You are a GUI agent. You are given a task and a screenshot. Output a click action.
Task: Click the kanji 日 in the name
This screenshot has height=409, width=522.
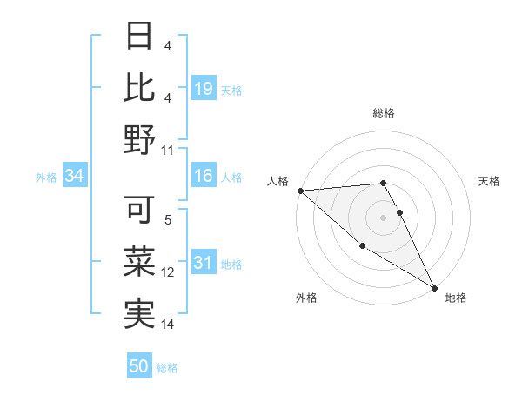140,37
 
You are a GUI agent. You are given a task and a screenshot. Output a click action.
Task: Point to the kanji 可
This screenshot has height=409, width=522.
140,210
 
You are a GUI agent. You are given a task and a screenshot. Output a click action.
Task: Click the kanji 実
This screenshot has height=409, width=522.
140,312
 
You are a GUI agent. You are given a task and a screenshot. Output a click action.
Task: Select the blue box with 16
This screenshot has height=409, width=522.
204,177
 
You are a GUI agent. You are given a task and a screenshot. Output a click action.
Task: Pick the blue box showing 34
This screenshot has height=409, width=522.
74,177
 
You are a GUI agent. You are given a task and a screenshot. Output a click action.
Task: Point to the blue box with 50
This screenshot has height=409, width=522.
139,366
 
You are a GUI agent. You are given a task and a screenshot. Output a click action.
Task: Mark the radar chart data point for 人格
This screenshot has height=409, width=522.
299,191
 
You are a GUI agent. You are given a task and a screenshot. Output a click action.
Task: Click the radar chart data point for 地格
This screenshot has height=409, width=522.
434,288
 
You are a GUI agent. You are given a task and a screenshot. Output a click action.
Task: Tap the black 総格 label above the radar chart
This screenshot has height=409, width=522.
384,113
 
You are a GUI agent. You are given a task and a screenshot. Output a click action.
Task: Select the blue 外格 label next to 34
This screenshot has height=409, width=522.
46,178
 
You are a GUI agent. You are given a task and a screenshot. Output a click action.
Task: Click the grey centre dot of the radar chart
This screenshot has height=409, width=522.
384,218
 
